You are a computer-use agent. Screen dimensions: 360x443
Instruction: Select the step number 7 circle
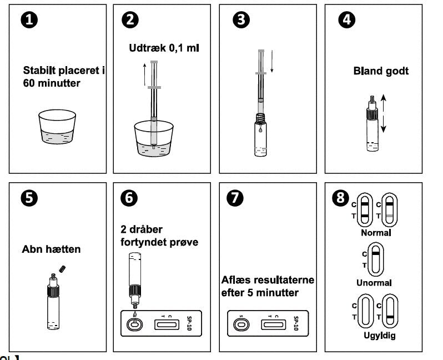(240, 198)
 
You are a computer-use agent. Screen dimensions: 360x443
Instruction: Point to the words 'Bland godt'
(381, 71)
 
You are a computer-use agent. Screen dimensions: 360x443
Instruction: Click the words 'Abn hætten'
(51, 249)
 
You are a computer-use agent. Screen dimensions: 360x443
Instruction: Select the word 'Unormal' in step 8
(375, 282)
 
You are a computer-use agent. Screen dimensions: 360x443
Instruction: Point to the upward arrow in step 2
(144, 74)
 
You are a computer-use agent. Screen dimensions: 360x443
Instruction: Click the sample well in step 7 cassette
(240, 324)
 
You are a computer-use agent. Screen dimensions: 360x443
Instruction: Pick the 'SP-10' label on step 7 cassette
(296, 324)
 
